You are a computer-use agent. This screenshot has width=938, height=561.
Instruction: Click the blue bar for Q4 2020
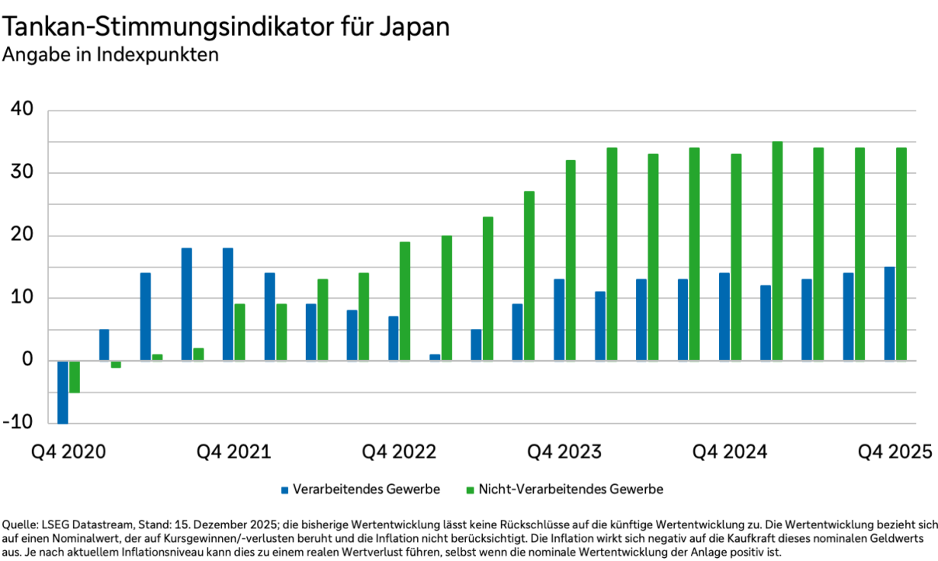click(x=63, y=392)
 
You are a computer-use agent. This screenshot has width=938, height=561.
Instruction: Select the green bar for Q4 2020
click(x=75, y=377)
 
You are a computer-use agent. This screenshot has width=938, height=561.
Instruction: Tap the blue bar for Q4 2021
click(x=228, y=304)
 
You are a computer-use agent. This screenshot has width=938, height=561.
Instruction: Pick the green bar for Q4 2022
click(x=405, y=301)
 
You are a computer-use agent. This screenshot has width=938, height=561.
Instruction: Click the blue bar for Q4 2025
click(x=889, y=313)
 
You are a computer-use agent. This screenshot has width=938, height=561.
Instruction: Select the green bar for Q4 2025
click(x=901, y=254)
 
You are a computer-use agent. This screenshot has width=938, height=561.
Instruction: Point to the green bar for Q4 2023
click(x=570, y=260)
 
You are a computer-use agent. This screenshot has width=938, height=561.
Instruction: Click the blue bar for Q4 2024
click(x=724, y=316)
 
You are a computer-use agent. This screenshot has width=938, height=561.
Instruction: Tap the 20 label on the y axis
click(x=22, y=236)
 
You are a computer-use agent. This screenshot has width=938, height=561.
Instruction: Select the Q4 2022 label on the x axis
click(x=399, y=452)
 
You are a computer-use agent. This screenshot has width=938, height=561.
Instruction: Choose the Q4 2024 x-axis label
click(x=729, y=452)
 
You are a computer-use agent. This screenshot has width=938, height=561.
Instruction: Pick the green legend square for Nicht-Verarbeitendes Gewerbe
click(x=471, y=489)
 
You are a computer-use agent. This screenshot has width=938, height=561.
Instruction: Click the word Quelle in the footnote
click(x=21, y=524)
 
